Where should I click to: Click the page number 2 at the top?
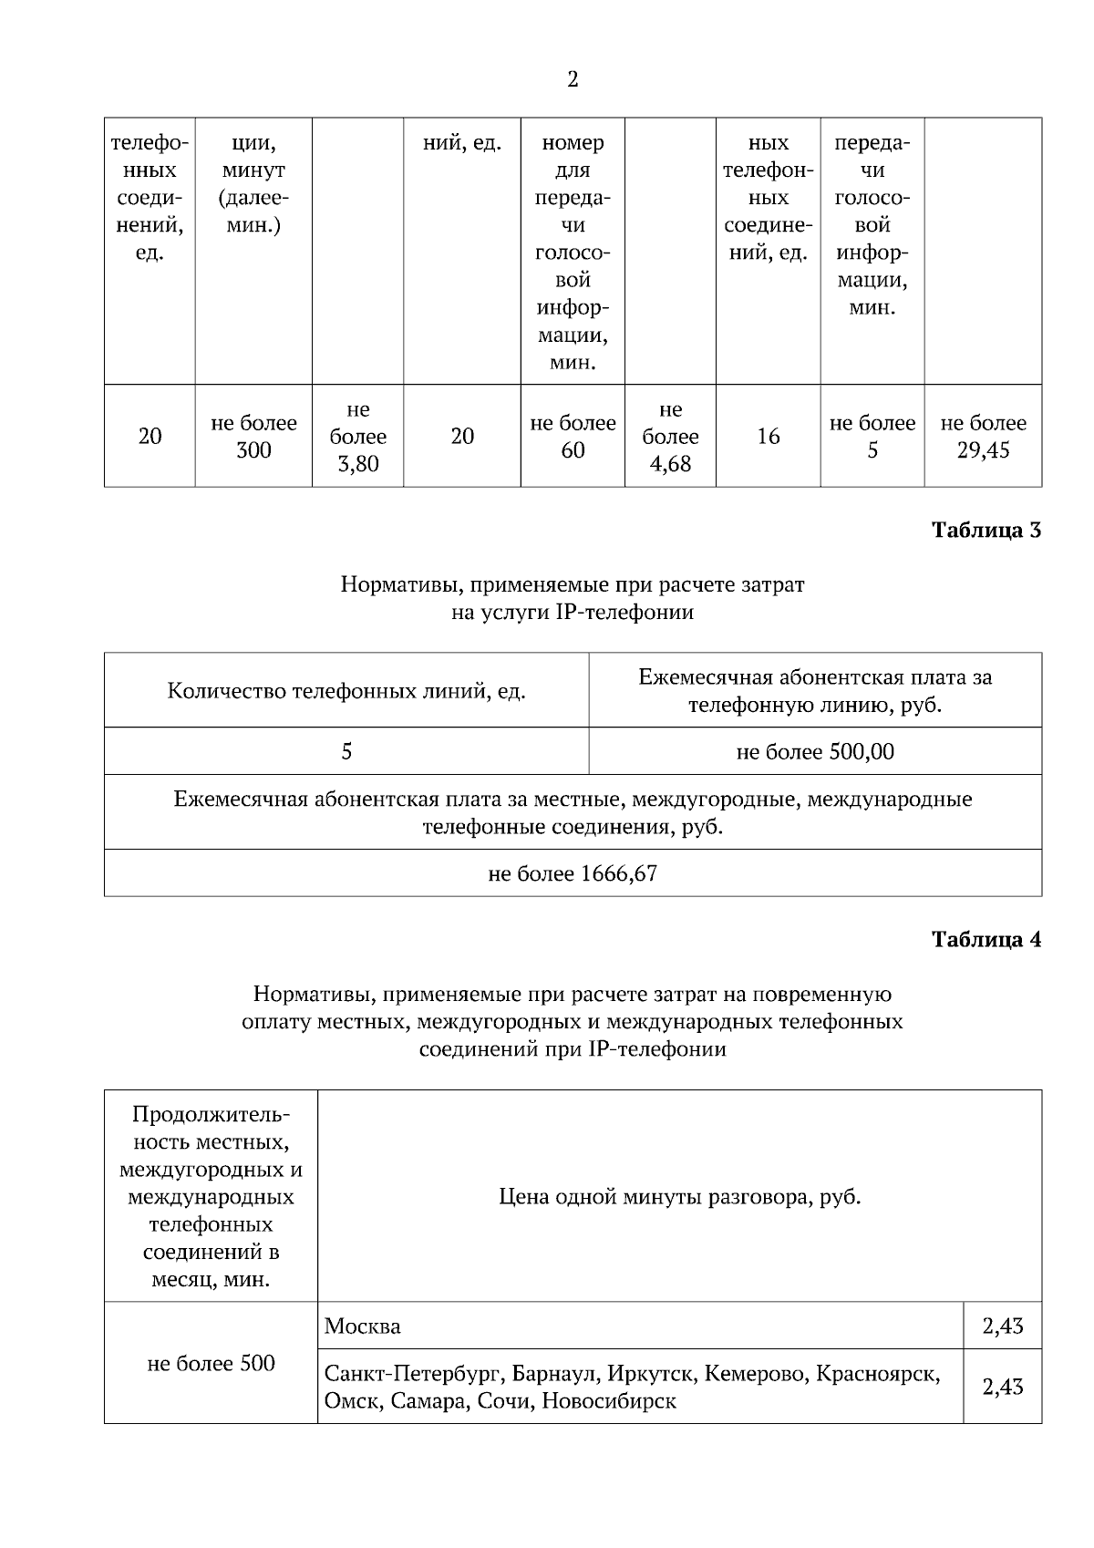point(573,80)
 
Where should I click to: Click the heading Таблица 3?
point(986,531)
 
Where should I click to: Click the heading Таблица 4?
point(986,940)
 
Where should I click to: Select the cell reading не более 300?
point(253,437)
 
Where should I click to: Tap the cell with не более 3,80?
point(357,437)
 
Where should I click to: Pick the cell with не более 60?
point(573,437)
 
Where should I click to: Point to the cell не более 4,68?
point(670,437)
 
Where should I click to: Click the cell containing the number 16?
point(768,437)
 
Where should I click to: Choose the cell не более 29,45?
point(983,437)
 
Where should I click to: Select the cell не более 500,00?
point(815,752)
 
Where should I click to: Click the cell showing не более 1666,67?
point(573,874)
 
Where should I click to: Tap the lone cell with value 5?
point(346,752)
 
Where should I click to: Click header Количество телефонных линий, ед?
point(346,691)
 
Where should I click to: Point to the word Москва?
point(363,1326)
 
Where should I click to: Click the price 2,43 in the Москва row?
point(1002,1326)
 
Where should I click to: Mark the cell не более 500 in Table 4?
point(211,1364)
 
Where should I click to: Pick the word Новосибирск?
point(609,1401)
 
